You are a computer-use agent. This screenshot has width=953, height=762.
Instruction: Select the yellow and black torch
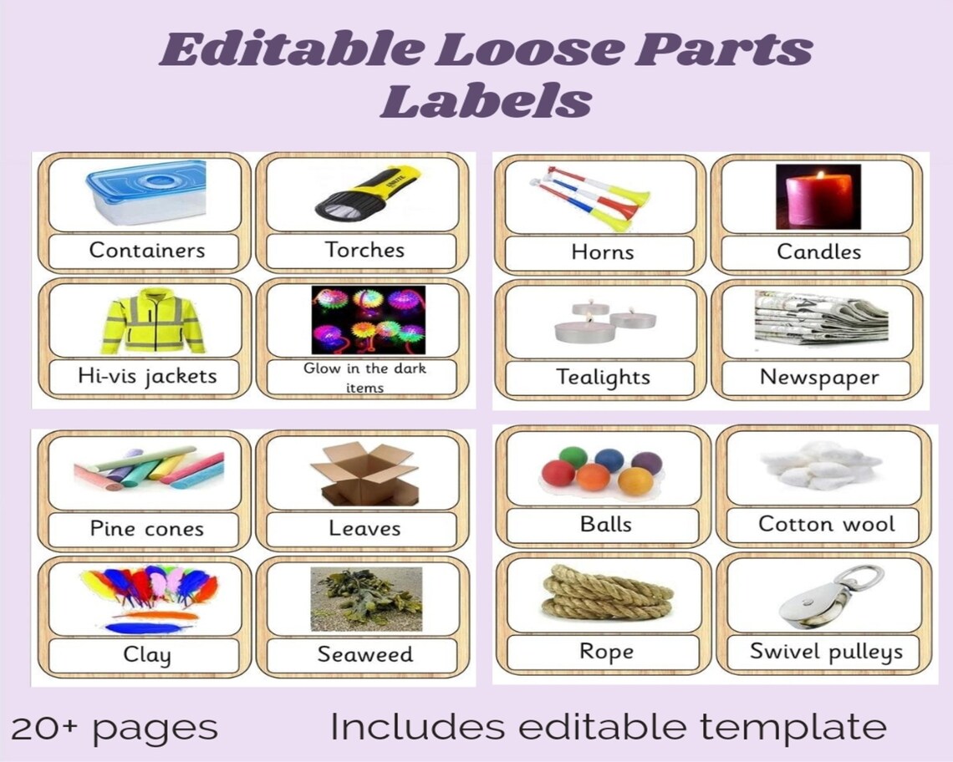pos(365,194)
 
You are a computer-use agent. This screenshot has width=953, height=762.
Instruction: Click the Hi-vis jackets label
pos(146,376)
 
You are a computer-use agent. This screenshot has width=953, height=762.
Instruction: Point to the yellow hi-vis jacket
pos(153,321)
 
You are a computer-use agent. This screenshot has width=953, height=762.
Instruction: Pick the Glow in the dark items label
pos(364,378)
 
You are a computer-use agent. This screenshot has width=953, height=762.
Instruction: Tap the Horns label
pos(602,252)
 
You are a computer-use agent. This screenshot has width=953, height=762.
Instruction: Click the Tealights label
pos(603,378)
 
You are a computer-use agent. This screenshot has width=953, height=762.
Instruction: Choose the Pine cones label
pos(146,529)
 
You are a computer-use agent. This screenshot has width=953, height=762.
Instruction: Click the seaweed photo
pos(365,599)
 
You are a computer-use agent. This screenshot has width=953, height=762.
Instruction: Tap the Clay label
pos(146,655)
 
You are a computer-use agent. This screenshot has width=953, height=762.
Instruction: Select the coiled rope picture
pos(606,594)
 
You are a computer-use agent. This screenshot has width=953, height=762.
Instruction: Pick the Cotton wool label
pos(826,525)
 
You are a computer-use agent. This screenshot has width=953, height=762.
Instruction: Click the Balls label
pos(605,525)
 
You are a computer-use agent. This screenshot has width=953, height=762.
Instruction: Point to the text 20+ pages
pos(115,727)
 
